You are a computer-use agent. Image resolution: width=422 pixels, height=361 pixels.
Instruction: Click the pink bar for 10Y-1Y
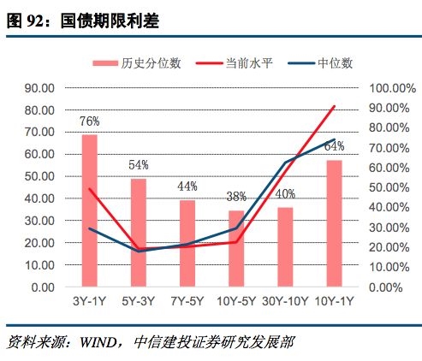click(x=334, y=223)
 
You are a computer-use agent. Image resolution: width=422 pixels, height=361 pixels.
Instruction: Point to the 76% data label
click(x=89, y=121)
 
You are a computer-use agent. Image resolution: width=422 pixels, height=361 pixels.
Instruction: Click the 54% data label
click(x=139, y=164)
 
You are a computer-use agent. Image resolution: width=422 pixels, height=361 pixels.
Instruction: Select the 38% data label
click(x=236, y=196)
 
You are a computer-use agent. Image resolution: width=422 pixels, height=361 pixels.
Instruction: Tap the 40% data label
click(x=285, y=192)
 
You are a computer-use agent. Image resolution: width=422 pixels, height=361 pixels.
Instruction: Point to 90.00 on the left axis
click(x=39, y=88)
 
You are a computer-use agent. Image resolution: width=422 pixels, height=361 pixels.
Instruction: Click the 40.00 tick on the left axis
click(x=39, y=198)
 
